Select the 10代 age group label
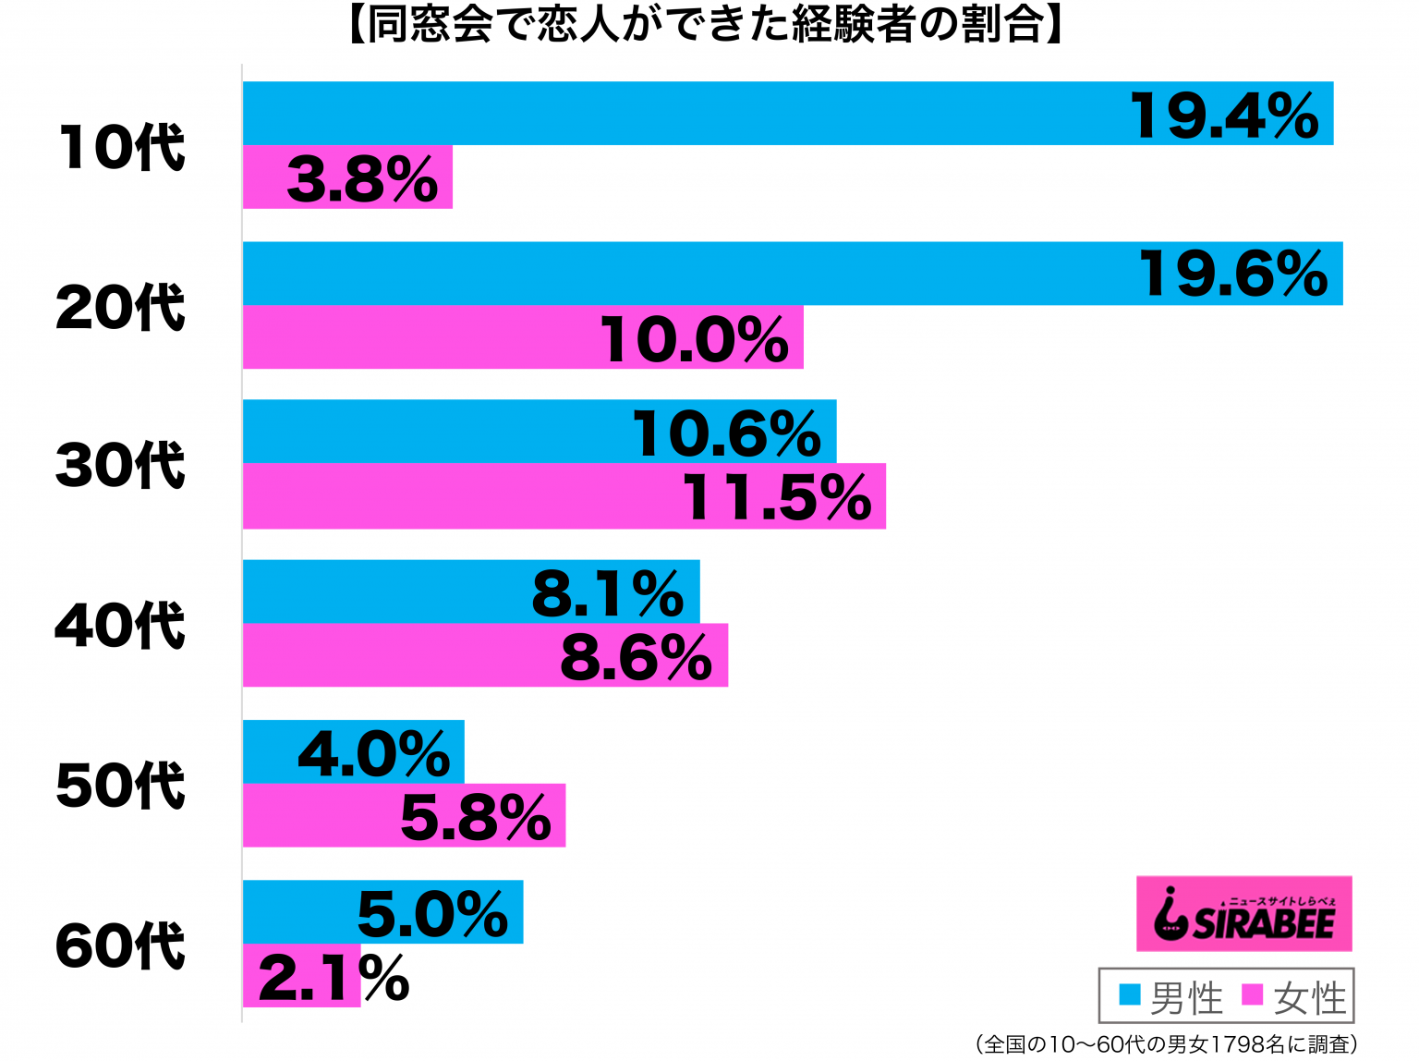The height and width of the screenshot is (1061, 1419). tap(121, 147)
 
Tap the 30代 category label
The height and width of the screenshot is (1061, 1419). tap(121, 465)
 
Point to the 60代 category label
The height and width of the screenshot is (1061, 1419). tap(121, 945)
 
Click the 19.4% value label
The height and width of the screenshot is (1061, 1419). tap(1225, 116)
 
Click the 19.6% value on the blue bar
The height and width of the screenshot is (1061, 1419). tap(1234, 274)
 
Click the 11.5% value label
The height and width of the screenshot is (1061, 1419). tap(777, 497)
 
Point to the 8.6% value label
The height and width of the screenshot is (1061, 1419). tap(636, 657)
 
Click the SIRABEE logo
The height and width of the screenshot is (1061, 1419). tap(1243, 914)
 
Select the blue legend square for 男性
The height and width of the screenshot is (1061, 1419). tap(1129, 995)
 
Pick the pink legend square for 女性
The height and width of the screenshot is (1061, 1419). tap(1252, 995)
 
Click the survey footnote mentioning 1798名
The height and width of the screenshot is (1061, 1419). tap(1166, 1044)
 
